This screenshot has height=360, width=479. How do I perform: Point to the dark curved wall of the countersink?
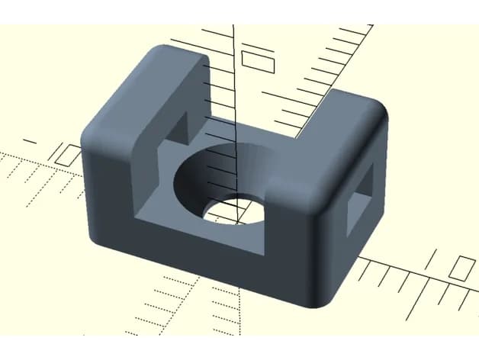click(221, 164)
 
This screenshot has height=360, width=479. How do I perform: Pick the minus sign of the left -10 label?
click(30, 141)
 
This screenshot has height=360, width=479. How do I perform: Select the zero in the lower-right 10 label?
click(462, 268)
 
